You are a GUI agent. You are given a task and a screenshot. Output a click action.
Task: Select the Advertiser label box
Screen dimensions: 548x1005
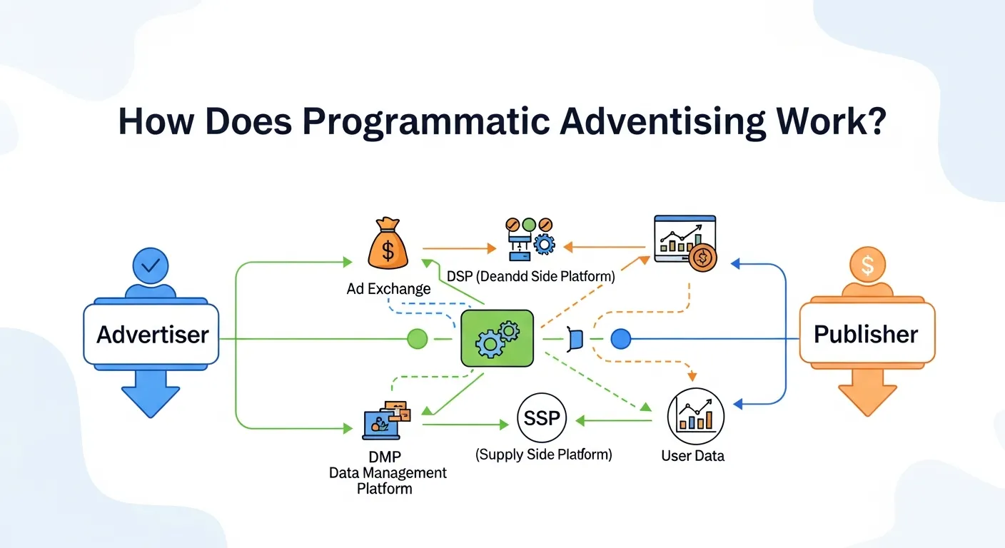(151, 334)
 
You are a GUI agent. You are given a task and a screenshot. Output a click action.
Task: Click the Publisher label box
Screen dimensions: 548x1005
(866, 334)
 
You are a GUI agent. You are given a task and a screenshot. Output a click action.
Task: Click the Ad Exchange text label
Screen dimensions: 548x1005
(388, 289)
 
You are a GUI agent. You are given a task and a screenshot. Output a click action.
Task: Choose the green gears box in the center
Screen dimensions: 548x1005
(497, 338)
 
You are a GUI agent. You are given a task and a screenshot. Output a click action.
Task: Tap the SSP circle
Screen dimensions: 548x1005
(542, 418)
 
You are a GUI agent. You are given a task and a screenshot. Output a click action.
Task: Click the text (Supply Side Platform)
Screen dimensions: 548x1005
(543, 454)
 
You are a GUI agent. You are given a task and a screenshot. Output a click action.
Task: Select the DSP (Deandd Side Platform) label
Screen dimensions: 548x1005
(530, 277)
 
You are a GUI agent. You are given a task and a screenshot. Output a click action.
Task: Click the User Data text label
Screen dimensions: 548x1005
(692, 455)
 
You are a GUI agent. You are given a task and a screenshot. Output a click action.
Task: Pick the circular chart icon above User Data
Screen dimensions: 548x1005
(695, 416)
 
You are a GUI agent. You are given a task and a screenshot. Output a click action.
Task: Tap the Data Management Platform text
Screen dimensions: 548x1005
(388, 472)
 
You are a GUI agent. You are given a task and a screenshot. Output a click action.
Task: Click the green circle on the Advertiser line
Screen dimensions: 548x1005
(417, 339)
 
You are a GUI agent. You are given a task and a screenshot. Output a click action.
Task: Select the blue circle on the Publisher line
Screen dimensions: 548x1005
(621, 339)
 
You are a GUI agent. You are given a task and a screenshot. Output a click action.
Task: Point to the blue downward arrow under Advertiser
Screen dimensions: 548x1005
(150, 397)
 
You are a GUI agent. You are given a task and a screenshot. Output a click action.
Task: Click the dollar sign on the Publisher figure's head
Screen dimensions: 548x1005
(867, 266)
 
